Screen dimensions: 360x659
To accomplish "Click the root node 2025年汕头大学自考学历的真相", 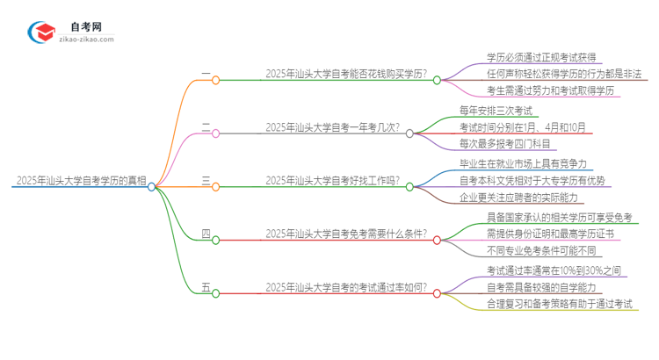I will click(79, 181).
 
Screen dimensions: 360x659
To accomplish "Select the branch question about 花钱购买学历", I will click(352, 76).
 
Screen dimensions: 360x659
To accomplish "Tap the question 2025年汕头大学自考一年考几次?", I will click(333, 128).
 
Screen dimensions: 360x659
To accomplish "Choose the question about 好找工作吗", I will click(332, 181).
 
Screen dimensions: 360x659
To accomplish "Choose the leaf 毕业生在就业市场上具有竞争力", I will click(536, 164).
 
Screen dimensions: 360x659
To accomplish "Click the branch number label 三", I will click(206, 181).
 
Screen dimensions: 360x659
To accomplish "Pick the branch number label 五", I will click(206, 287).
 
